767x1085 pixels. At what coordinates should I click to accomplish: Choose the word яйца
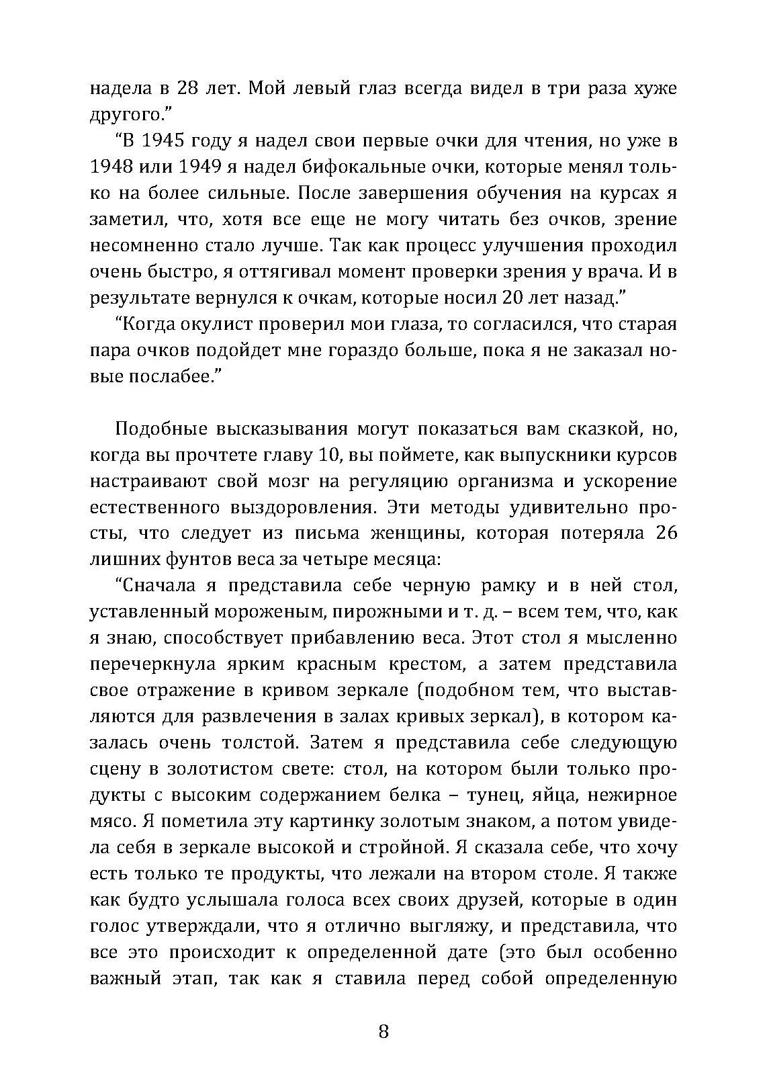pyautogui.click(x=551, y=795)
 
